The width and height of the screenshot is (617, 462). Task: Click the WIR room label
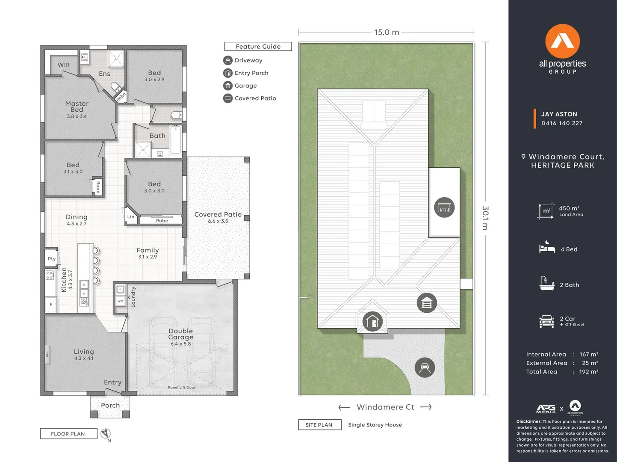(x=64, y=65)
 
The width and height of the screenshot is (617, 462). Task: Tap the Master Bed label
(x=77, y=107)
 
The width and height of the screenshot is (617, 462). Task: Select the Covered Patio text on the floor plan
(x=218, y=215)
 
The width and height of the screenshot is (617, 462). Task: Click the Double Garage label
(x=180, y=334)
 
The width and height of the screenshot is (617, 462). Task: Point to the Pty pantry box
(x=52, y=259)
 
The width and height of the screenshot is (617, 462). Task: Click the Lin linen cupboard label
(x=130, y=217)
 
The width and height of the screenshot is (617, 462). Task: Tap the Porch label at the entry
(x=110, y=406)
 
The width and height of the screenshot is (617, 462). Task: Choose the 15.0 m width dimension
(x=387, y=33)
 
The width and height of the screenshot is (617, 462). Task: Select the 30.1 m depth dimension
(x=485, y=218)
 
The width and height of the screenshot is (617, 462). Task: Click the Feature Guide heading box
(x=258, y=47)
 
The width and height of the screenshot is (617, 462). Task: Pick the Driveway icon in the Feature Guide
(x=228, y=61)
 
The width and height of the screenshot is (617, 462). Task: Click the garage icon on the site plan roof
(x=427, y=303)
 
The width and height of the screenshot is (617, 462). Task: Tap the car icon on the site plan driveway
(x=425, y=367)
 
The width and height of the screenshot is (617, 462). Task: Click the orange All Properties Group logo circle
(x=562, y=41)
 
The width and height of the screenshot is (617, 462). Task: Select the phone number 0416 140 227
(x=562, y=123)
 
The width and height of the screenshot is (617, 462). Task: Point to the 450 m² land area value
(x=569, y=208)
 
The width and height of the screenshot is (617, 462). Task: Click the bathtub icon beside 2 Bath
(x=547, y=284)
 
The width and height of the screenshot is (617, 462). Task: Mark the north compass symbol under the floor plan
(x=106, y=434)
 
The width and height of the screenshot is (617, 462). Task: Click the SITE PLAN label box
(x=319, y=425)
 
